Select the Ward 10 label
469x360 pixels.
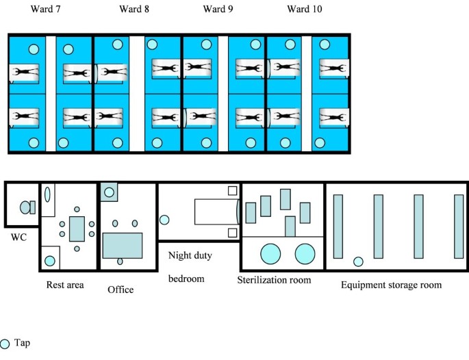coord(305,10)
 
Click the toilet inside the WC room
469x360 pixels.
coord(27,207)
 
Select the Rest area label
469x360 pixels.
coord(65,285)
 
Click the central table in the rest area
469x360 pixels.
coord(77,226)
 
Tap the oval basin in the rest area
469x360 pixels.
coord(48,194)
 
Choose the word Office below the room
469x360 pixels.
coord(121,290)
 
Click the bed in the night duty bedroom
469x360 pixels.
coord(216,211)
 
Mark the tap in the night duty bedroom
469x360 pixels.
coord(164,220)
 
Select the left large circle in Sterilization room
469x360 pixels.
coord(270,254)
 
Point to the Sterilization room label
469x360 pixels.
coord(274,280)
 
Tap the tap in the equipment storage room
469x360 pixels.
coord(357,261)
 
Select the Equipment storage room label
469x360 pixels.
coord(391,285)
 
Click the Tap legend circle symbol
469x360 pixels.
coord(5,344)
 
